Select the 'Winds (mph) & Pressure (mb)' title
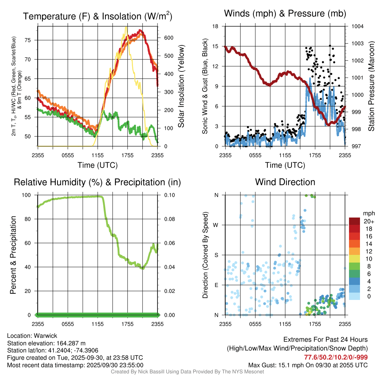285,14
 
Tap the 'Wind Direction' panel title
285,182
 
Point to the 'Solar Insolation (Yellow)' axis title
181,86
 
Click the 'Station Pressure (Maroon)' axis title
371,86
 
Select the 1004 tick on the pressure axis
357,26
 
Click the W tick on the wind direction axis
216,225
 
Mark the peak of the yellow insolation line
126,27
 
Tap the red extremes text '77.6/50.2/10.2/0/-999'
336,357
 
